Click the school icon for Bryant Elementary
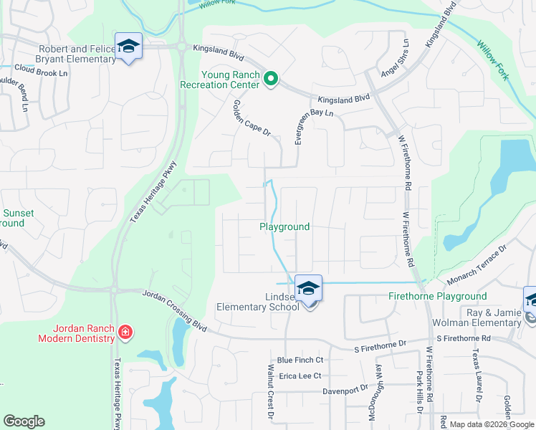(x=128, y=47)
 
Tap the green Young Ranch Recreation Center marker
(x=270, y=79)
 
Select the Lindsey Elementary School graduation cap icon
(x=308, y=289)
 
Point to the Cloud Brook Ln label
(x=40, y=72)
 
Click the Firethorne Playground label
(x=437, y=296)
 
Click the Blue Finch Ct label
(x=300, y=360)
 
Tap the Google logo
(x=24, y=421)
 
